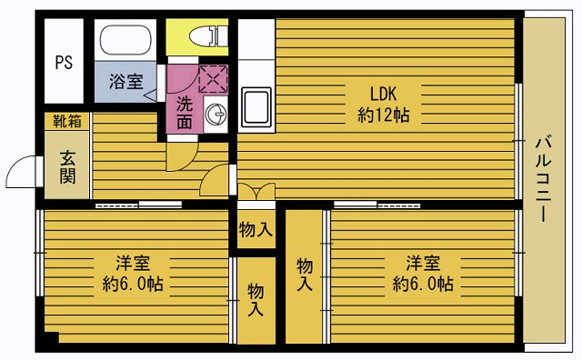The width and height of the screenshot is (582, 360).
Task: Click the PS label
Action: [x=63, y=63]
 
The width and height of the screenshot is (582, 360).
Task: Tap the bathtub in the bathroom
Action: [x=128, y=41]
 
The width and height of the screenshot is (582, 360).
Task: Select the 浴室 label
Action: [x=125, y=81]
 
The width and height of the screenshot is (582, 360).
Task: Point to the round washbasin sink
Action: [x=216, y=114]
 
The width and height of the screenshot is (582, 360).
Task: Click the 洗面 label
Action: [x=185, y=112]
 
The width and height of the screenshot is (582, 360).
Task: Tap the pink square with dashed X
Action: [x=212, y=79]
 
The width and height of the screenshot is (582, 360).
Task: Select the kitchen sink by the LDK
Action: [x=256, y=108]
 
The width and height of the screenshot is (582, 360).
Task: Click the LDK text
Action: [x=383, y=92]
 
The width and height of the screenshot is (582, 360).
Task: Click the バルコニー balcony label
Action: [x=542, y=178]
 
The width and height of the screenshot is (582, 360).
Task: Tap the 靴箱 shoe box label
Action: [x=65, y=120]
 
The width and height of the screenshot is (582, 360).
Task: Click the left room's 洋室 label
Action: [x=133, y=263]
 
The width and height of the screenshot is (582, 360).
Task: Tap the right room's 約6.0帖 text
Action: [x=423, y=285]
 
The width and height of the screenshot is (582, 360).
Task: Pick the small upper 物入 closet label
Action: [x=256, y=229]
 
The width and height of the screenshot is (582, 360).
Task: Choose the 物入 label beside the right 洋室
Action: [x=306, y=274]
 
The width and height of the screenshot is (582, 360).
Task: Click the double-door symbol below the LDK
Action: [x=256, y=191]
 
